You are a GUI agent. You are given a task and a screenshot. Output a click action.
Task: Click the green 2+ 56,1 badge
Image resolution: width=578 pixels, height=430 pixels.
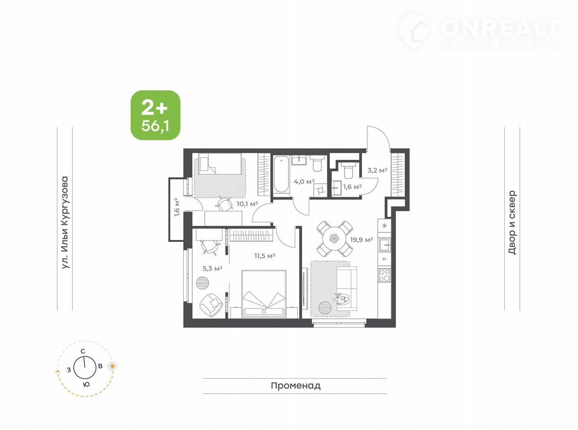[x=155, y=115]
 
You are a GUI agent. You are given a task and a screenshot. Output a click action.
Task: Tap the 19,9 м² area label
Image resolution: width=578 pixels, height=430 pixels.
[x=361, y=240]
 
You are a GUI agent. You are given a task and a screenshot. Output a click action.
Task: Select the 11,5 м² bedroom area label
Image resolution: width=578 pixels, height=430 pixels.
[x=265, y=256]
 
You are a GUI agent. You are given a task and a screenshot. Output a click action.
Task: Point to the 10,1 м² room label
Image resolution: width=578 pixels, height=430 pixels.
[x=247, y=204]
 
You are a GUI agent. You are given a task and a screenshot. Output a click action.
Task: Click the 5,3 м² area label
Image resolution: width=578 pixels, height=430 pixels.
[x=212, y=268]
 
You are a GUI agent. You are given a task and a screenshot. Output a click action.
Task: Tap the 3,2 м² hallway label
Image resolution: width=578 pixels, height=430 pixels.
[x=377, y=171]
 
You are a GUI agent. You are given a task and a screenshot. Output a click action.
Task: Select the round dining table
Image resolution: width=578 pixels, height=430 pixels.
[x=334, y=239]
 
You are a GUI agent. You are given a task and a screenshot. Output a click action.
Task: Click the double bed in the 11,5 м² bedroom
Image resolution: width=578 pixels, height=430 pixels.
[x=264, y=294]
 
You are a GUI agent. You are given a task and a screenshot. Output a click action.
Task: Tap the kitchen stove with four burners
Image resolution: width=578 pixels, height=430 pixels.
[x=384, y=275]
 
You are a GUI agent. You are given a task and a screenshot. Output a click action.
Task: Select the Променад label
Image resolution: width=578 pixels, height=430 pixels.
[x=295, y=386]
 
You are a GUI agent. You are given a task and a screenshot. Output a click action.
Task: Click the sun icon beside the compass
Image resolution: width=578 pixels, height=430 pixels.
[x=112, y=366]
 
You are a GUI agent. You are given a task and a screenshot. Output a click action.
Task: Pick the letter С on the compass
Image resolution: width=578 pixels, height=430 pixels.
[x=83, y=351]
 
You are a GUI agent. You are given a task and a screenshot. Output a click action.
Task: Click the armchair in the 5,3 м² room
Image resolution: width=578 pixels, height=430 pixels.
[x=211, y=305]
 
